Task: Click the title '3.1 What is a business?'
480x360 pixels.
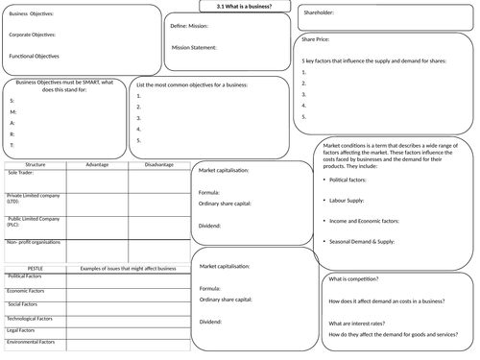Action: [244, 7]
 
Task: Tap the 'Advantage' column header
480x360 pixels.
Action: [97, 164]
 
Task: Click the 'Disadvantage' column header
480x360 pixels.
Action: [158, 164]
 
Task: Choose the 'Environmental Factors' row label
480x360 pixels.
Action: [32, 341]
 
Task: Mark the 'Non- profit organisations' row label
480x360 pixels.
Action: [34, 244]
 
